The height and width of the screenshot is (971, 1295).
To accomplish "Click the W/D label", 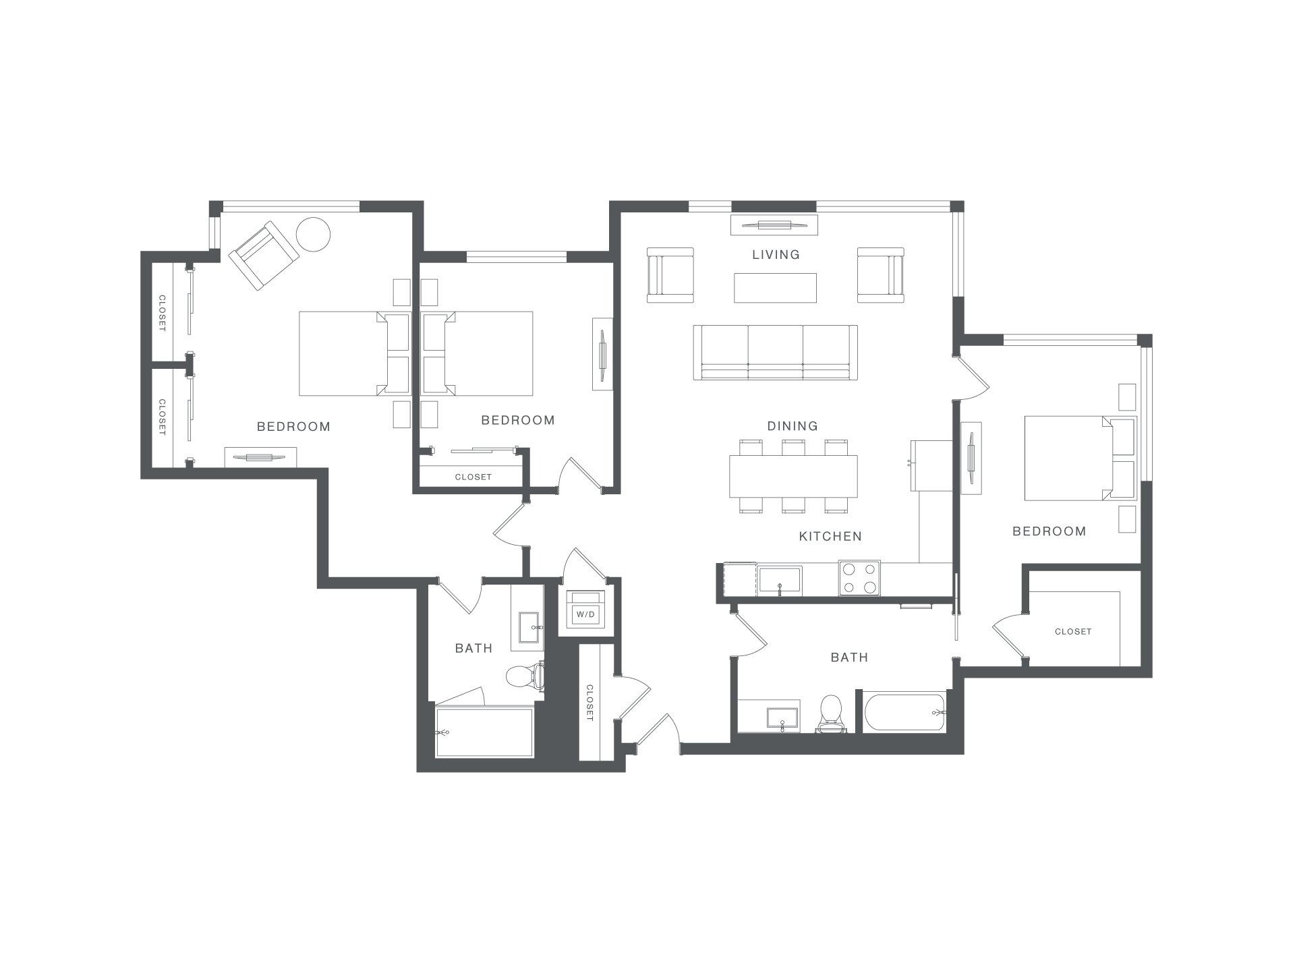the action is tap(585, 614).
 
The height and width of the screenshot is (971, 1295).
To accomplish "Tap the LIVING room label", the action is tap(776, 254).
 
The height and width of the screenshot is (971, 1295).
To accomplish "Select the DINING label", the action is tap(793, 425).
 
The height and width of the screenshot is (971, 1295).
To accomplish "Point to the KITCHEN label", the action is tap(830, 536).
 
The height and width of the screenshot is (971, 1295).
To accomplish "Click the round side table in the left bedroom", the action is tap(314, 235).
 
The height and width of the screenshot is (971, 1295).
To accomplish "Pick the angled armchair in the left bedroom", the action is tap(264, 256).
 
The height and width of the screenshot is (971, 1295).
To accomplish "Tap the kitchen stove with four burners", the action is tap(859, 578).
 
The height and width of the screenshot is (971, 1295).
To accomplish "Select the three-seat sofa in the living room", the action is tap(776, 353).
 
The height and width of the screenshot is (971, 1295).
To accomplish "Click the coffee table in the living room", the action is tap(776, 288).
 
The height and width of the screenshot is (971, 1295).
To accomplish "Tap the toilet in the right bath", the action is tap(831, 713).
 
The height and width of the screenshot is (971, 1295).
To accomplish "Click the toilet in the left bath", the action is tap(525, 676).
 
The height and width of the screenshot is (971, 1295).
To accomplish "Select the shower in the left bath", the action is tap(484, 732).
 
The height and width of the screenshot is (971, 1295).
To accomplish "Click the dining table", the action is tap(793, 476).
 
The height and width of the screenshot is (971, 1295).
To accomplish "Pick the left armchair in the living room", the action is tap(670, 275).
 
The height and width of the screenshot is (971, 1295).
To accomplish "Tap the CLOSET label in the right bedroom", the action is tap(1073, 632).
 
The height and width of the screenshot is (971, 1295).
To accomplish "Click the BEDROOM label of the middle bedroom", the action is tap(518, 420).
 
